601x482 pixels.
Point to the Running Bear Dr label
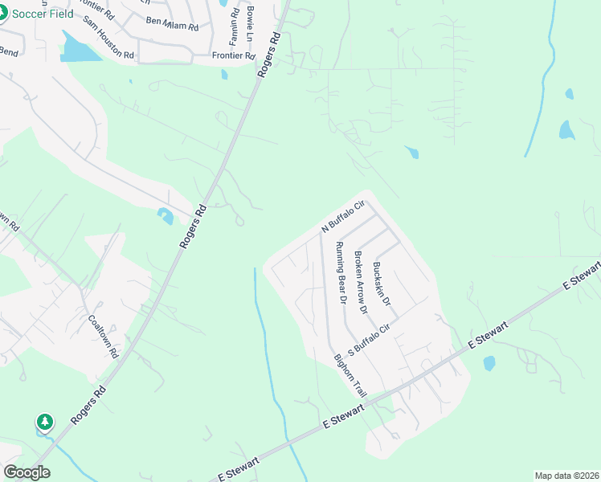point(341,274)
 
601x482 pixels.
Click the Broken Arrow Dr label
point(360,282)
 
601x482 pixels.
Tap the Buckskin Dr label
point(382,284)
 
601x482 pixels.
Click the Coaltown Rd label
point(103,336)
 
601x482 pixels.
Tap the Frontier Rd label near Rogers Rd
point(233,56)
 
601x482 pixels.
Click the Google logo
point(27,472)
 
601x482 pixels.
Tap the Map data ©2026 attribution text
point(566,476)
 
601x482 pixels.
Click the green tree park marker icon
point(45,422)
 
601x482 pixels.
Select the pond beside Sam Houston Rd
point(77,49)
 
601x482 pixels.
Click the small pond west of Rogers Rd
point(166,215)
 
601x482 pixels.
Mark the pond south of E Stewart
point(489,363)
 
